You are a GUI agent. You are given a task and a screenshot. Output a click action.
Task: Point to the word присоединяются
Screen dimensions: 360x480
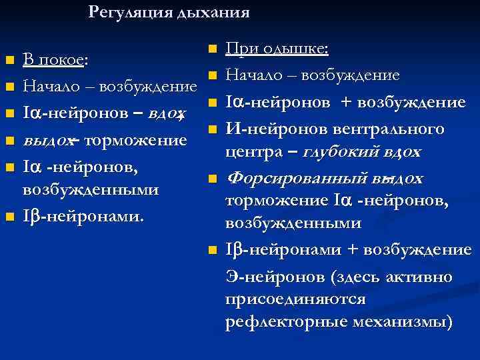(295, 299)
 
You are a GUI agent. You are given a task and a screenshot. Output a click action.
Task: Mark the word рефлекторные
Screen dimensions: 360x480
(283, 323)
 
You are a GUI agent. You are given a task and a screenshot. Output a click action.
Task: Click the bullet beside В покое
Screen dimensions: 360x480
(9, 61)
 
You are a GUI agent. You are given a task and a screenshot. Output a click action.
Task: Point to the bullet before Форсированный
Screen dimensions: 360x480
(212, 179)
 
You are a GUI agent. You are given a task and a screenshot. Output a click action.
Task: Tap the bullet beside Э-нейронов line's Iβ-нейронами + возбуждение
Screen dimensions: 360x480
(212, 251)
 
